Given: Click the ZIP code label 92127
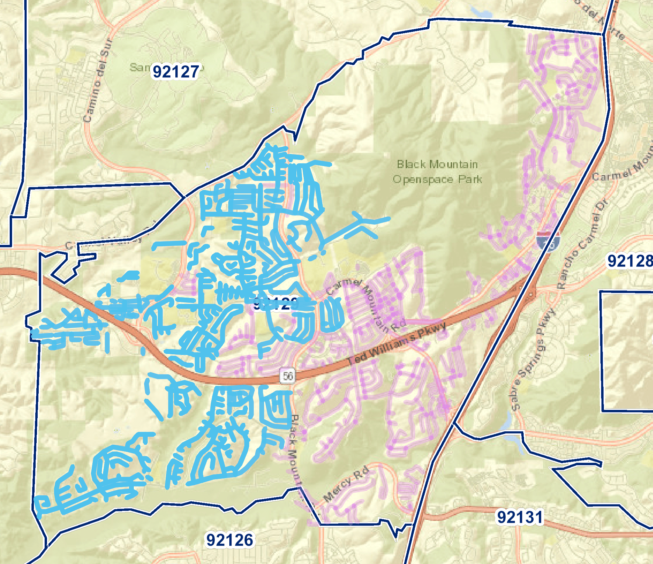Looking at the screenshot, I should pyautogui.click(x=176, y=72).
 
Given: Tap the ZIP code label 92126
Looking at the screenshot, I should pyautogui.click(x=230, y=540).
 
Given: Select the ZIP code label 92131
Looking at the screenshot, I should pyautogui.click(x=520, y=517).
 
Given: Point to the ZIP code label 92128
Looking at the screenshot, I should pyautogui.click(x=629, y=261).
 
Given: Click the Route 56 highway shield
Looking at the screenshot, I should pyautogui.click(x=288, y=376).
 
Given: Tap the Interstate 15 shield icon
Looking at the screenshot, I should pyautogui.click(x=549, y=241).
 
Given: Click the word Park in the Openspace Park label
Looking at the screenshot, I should pyautogui.click(x=470, y=179).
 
